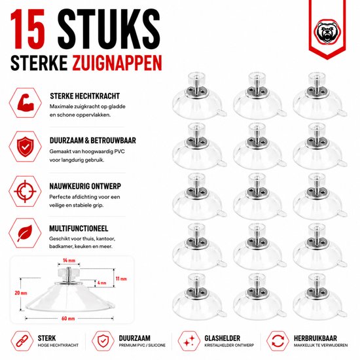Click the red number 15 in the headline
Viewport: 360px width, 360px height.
[x=27, y=29]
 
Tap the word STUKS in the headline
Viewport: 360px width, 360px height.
[x=109, y=29]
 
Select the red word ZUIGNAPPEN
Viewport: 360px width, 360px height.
[x=117, y=62]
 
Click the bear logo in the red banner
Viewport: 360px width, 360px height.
[x=327, y=32]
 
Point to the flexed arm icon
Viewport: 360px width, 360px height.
[x=26, y=103]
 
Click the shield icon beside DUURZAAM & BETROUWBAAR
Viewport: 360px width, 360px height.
[x=26, y=147]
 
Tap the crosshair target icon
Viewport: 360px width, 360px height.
[x=25, y=191]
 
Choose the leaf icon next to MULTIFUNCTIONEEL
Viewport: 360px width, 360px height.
[x=25, y=233]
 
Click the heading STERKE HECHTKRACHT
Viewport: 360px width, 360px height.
[x=84, y=96]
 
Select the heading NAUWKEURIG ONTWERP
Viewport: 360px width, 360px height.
[x=85, y=186]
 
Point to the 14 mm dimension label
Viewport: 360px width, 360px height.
[x=69, y=261]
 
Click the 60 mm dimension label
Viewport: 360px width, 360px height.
[x=68, y=319]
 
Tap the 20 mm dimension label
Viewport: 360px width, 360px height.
[x=21, y=293]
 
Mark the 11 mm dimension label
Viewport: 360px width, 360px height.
[x=121, y=279]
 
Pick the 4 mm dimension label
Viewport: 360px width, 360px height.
[x=101, y=283]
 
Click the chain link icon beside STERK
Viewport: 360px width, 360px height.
[x=22, y=341]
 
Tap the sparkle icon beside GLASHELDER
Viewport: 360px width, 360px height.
[x=189, y=341]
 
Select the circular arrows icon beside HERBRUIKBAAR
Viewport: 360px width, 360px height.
[x=278, y=341]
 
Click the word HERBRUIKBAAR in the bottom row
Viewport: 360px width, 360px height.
[x=315, y=338]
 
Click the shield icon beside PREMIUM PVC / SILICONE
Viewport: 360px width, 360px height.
[x=103, y=341]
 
